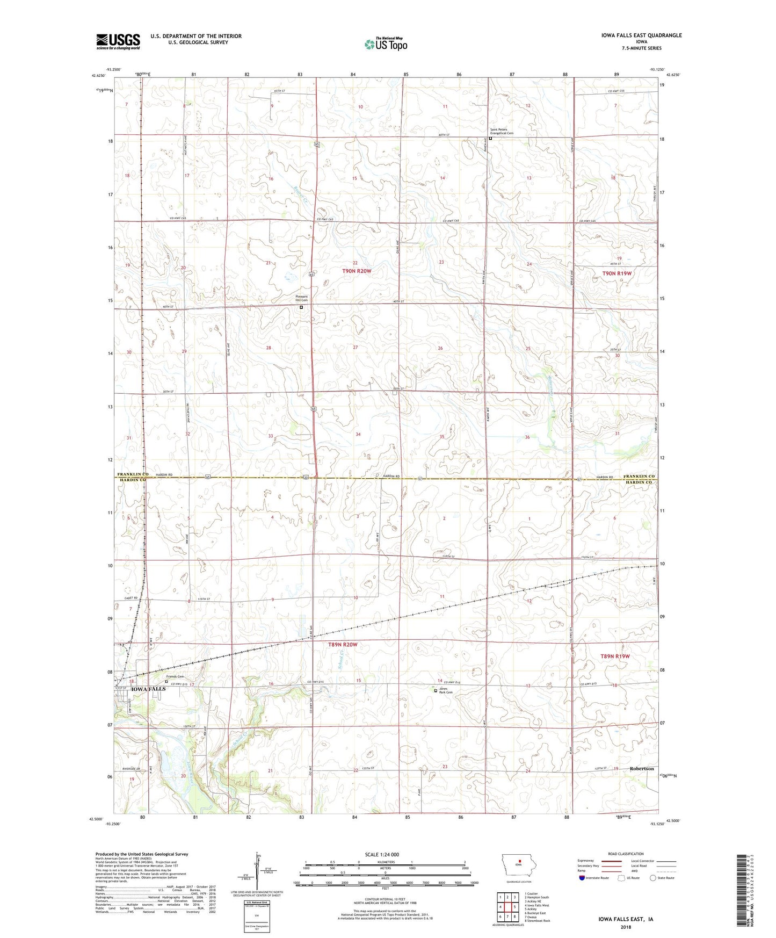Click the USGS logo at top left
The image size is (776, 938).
(x=118, y=41)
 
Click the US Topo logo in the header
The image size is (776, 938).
(x=386, y=44)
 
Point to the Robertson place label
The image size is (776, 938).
(x=642, y=769)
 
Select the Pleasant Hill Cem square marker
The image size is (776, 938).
(x=301, y=307)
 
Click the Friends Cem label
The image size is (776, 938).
(x=175, y=676)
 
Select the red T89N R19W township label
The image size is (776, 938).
(x=615, y=656)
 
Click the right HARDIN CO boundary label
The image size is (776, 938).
(x=639, y=482)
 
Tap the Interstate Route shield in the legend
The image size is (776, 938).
(x=583, y=878)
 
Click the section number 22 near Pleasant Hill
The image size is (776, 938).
(x=355, y=263)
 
